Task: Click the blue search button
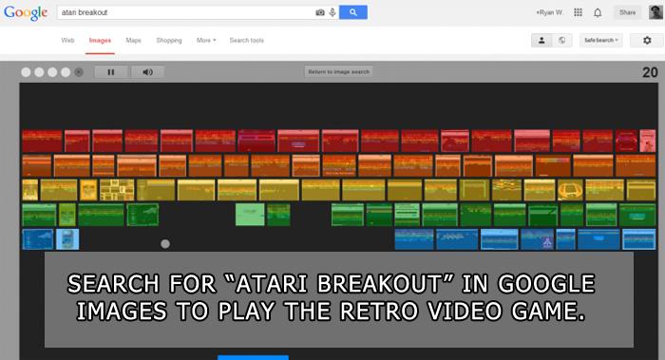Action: click(352, 12)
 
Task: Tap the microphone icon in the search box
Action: click(331, 12)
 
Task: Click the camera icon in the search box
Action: click(320, 12)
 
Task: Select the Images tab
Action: click(100, 40)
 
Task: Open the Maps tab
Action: click(133, 40)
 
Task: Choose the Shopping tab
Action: click(169, 40)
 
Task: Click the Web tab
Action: click(67, 40)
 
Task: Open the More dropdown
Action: click(206, 40)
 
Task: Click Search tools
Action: click(246, 40)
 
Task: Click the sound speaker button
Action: click(147, 72)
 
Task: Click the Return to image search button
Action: click(339, 72)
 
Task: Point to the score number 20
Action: click(650, 72)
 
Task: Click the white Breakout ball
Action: click(165, 244)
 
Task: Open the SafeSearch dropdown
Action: click(601, 40)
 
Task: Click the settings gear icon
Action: click(647, 40)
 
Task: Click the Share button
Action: click(626, 12)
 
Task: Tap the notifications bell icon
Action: click(598, 12)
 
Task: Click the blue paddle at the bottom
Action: click(253, 357)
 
